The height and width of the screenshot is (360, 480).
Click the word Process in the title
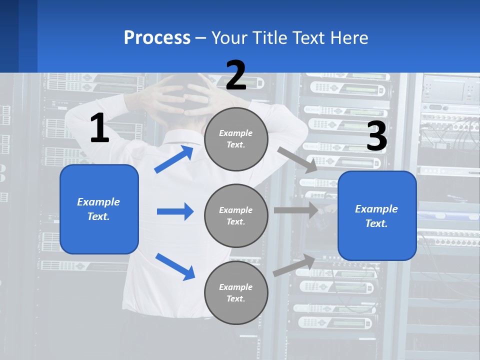157,38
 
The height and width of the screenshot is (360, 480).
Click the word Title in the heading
269,38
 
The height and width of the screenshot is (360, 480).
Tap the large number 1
99,128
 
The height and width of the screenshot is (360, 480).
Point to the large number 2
236,75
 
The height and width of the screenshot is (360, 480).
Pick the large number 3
376,136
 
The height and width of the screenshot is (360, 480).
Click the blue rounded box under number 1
99,209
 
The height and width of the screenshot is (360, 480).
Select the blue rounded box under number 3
377,216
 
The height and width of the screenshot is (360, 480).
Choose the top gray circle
236,139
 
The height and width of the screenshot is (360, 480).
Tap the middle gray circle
236,216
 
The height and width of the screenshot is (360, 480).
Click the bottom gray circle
236,293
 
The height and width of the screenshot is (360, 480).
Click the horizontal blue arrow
175,211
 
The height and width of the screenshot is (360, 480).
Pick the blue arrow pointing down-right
175,266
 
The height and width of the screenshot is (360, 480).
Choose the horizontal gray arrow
296,210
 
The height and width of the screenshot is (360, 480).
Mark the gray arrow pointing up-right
294,265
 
